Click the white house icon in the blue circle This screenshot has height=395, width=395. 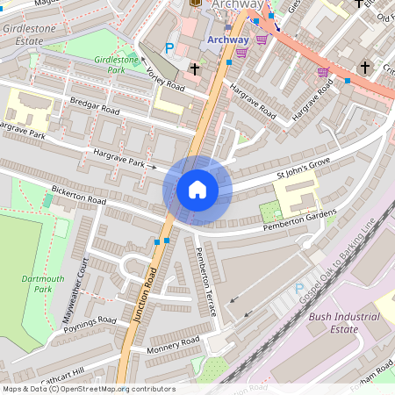click(x=197, y=190)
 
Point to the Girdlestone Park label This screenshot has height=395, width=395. click(x=117, y=64)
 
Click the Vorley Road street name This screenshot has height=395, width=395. click(x=166, y=80)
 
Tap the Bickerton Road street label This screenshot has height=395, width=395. click(x=79, y=195)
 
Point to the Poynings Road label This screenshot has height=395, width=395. click(x=91, y=324)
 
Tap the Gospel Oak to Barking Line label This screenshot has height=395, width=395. click(x=341, y=262)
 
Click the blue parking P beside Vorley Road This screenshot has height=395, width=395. click(x=169, y=48)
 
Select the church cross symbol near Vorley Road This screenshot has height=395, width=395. click(x=194, y=68)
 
